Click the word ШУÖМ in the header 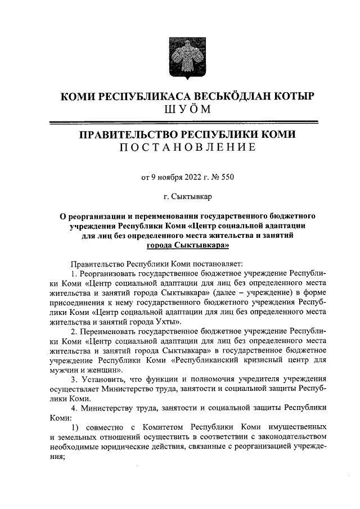pos(180,109)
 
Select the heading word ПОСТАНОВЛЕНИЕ pos(180,148)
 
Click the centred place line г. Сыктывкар pos(180,196)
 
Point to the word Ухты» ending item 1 pos(168,323)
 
